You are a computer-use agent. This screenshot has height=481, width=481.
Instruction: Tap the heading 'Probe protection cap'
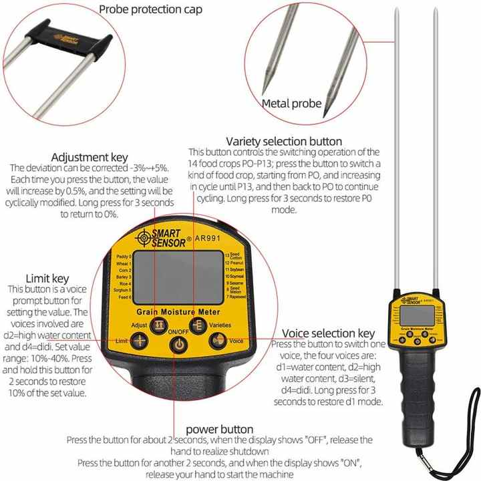[150, 10]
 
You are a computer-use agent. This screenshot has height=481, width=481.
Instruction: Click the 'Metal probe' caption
[291, 104]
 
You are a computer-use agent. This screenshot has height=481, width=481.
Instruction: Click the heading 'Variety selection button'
[284, 141]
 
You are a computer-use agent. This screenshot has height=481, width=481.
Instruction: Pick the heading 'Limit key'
[47, 278]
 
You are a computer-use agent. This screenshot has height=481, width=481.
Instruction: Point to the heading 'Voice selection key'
[328, 333]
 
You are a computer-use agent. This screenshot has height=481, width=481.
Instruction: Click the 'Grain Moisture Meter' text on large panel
[178, 311]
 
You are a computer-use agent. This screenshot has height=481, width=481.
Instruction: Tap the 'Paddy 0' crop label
[124, 257]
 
